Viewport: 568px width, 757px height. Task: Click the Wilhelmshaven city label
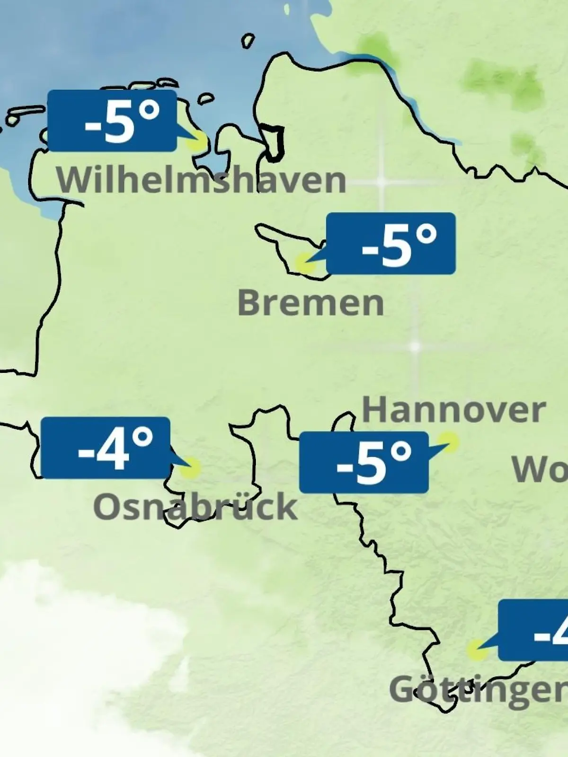click(x=201, y=180)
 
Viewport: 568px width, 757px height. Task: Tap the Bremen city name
click(x=311, y=303)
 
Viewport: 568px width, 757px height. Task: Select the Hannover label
click(x=453, y=410)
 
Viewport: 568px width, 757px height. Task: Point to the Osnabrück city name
click(x=195, y=506)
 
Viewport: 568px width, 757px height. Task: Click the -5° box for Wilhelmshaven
click(x=112, y=121)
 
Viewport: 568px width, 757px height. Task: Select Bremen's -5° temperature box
click(x=391, y=244)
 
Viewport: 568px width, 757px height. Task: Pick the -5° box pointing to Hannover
click(x=364, y=462)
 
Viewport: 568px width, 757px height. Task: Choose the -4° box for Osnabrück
click(x=106, y=448)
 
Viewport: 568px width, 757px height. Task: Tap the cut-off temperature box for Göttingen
click(x=534, y=630)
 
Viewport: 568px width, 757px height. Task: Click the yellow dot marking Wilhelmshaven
click(x=197, y=141)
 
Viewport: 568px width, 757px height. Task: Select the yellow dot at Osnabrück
click(x=190, y=468)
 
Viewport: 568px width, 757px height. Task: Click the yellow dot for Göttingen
click(x=476, y=651)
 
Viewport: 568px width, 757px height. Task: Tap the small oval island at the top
click(x=248, y=41)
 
